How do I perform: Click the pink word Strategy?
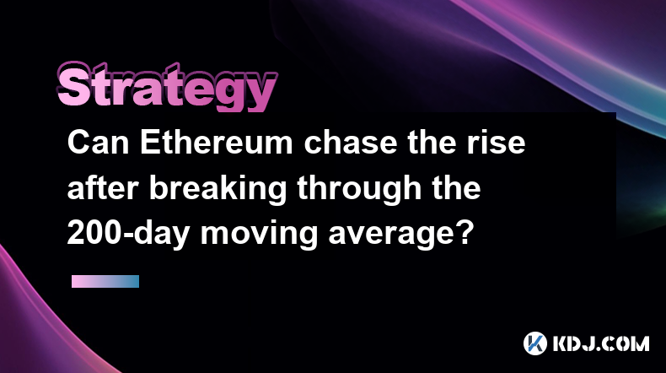167,87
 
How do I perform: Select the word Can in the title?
98,143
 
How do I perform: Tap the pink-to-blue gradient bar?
105,281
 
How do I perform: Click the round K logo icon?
534,343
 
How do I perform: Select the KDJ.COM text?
600,343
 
